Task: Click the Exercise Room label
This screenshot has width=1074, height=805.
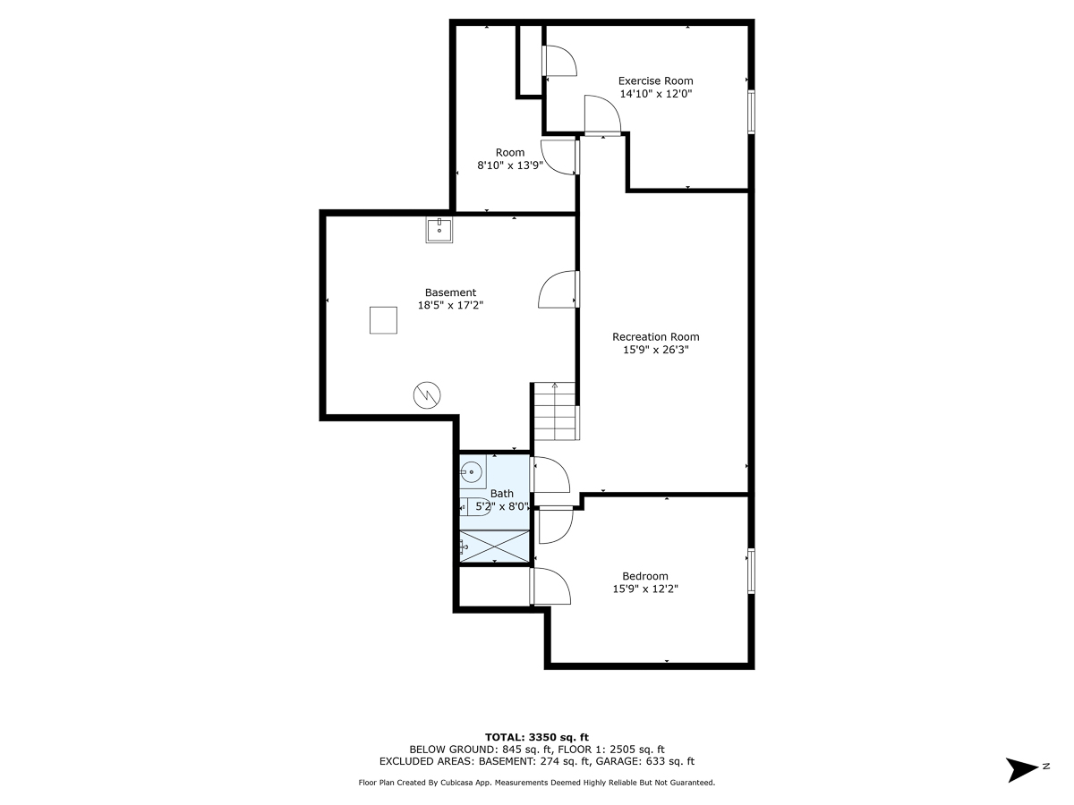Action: click(655, 80)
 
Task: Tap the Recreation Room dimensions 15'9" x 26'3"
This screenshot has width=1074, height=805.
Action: click(655, 350)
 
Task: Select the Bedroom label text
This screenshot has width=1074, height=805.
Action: click(644, 576)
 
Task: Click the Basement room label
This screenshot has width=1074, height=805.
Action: click(450, 292)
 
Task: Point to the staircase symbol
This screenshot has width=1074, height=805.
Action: click(556, 411)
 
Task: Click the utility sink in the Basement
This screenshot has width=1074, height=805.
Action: click(439, 230)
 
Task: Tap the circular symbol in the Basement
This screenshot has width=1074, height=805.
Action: click(427, 394)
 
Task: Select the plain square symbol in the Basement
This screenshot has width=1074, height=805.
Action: click(383, 319)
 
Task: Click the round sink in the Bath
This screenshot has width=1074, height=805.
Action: click(473, 470)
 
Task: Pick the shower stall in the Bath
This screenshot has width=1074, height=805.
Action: click(494, 547)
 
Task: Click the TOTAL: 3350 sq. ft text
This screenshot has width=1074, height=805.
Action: click(536, 736)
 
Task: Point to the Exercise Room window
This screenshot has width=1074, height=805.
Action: click(751, 112)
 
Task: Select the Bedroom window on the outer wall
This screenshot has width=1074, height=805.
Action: click(751, 571)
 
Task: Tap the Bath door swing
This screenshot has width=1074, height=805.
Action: click(550, 474)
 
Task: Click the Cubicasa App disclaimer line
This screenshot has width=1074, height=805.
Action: click(536, 783)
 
